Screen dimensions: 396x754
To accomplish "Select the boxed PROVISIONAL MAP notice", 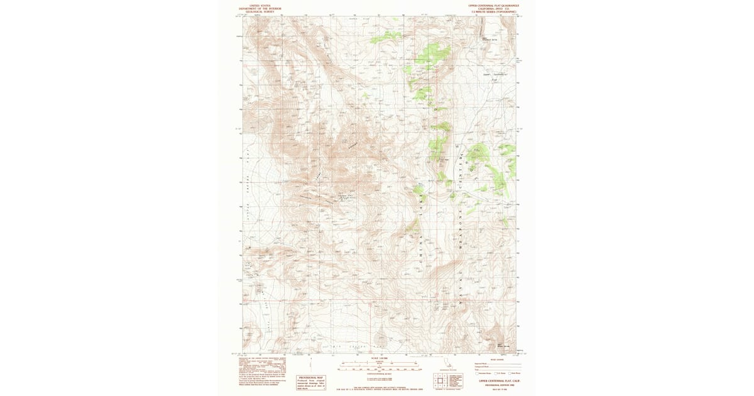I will (311, 382).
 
